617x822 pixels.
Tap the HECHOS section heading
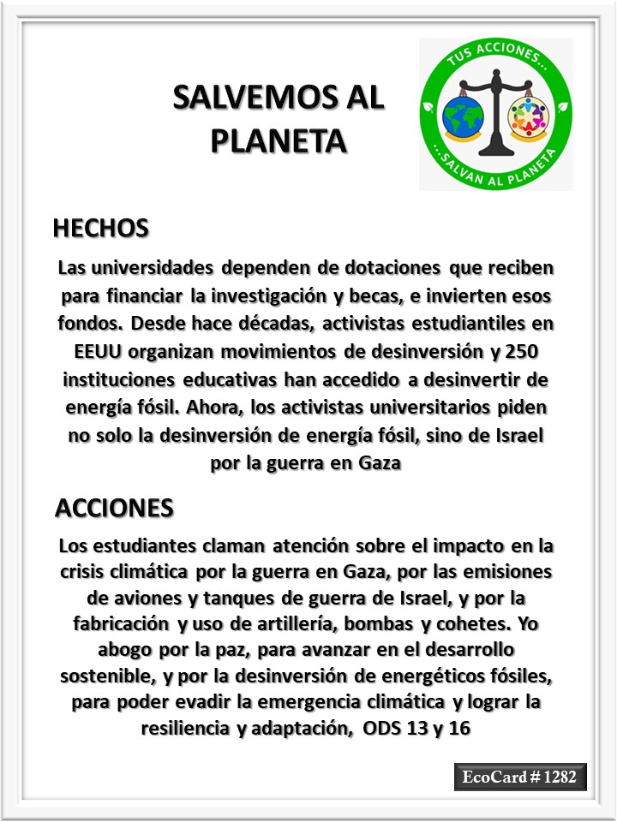pos(101,229)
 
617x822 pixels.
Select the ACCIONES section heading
pos(114,507)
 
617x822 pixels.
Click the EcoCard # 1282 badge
pos(520,777)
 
